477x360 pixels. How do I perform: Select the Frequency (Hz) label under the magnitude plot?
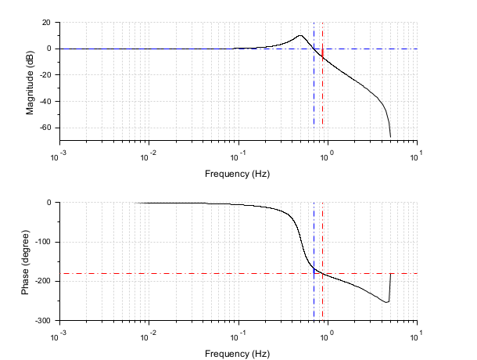click(238, 172)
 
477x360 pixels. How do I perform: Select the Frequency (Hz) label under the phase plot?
click(238, 354)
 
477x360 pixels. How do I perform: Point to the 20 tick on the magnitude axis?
click(47, 23)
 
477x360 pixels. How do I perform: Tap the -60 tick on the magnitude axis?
click(45, 128)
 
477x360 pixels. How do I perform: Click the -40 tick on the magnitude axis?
click(45, 101)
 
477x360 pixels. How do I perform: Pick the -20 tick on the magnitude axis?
click(45, 75)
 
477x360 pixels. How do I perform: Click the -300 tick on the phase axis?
click(42, 321)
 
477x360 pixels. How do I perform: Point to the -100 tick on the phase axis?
click(42, 242)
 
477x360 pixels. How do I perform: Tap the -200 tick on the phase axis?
click(42, 282)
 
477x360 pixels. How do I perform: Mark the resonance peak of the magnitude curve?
click(300, 35)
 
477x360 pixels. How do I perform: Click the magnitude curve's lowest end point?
click(390, 137)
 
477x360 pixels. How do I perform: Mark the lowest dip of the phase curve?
click(387, 302)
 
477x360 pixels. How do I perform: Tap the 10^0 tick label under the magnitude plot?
click(328, 154)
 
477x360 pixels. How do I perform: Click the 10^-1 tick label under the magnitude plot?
click(238, 154)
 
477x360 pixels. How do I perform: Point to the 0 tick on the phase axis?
click(48, 203)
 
